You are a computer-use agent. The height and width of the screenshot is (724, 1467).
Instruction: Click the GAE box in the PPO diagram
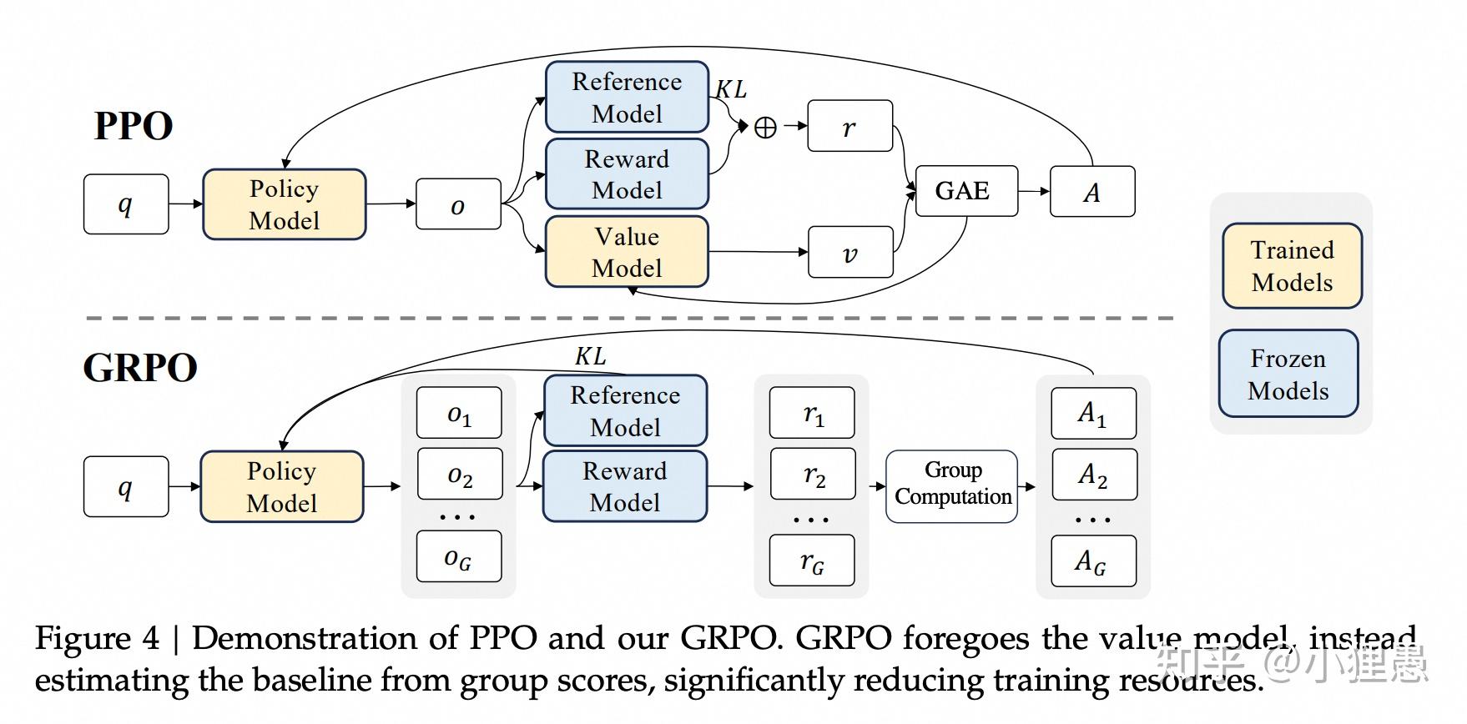coord(965,191)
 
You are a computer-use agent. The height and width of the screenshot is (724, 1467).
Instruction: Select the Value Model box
coord(627,252)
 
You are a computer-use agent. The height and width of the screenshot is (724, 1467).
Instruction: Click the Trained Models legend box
coord(1292,266)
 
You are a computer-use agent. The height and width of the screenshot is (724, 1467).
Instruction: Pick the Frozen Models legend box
coord(1288,374)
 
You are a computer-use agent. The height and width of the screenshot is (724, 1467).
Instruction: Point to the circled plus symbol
coord(765,127)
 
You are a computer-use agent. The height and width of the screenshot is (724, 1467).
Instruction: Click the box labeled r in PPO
coord(849,127)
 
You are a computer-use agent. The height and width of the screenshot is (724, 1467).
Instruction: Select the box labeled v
coord(850,253)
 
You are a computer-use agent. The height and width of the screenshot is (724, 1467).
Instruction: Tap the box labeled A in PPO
coord(1091,192)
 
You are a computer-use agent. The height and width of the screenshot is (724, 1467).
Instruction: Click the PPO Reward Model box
coord(627,174)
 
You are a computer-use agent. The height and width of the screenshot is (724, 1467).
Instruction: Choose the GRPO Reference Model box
coord(625,411)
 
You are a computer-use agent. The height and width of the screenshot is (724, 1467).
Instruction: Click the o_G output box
coord(459,557)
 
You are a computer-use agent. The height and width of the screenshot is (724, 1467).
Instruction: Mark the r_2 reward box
coord(813,475)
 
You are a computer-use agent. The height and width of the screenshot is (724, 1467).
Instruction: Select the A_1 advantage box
coord(1093,413)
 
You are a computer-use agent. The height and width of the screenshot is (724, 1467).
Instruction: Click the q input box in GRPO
coord(125,486)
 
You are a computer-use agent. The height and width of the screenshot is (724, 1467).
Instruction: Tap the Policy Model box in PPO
coord(284,204)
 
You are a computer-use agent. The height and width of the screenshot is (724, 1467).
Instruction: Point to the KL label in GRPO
coord(590,356)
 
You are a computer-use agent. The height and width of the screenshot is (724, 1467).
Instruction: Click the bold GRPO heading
coord(139,368)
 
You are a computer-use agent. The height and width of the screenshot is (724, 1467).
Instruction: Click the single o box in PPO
coord(458,204)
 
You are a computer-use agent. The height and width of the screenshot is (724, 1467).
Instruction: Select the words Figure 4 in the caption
coord(96,639)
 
